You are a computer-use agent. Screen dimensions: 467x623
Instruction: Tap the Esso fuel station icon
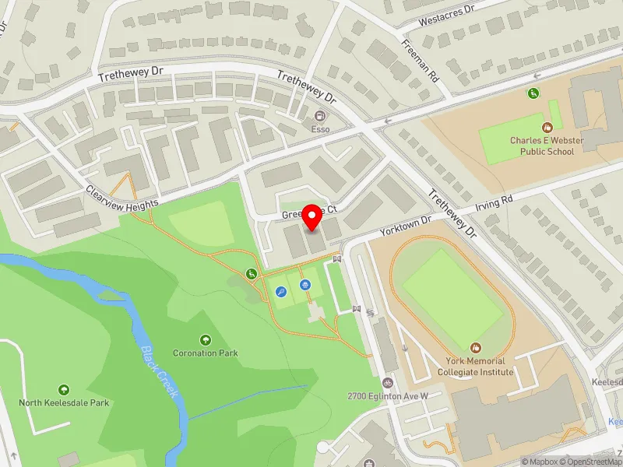click(x=320, y=116)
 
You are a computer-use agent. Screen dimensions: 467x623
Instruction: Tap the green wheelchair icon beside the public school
click(x=533, y=93)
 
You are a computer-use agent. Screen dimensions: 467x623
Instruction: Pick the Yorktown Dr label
click(x=405, y=226)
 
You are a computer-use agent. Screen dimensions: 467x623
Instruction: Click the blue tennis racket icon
click(x=280, y=292)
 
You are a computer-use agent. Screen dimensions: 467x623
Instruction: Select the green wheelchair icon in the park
click(x=252, y=274)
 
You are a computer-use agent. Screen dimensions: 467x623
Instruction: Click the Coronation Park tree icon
click(x=206, y=339)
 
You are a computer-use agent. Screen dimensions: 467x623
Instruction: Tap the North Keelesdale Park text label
click(x=64, y=402)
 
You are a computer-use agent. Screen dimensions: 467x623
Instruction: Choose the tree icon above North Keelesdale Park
click(x=64, y=388)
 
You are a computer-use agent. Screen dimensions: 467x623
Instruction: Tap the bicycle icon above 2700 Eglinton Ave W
click(x=388, y=382)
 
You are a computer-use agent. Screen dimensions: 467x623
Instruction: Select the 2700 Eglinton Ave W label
click(x=388, y=396)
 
